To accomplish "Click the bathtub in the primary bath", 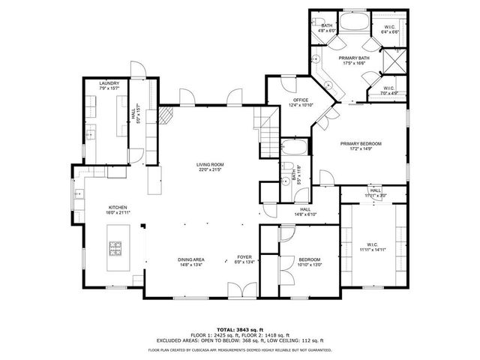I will point(352,20).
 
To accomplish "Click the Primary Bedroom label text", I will point(361,143).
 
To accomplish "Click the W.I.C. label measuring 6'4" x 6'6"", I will point(388,28).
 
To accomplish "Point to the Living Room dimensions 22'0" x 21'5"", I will point(211,169).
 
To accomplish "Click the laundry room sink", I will point(90,135).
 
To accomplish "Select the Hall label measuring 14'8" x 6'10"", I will point(305,212).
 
